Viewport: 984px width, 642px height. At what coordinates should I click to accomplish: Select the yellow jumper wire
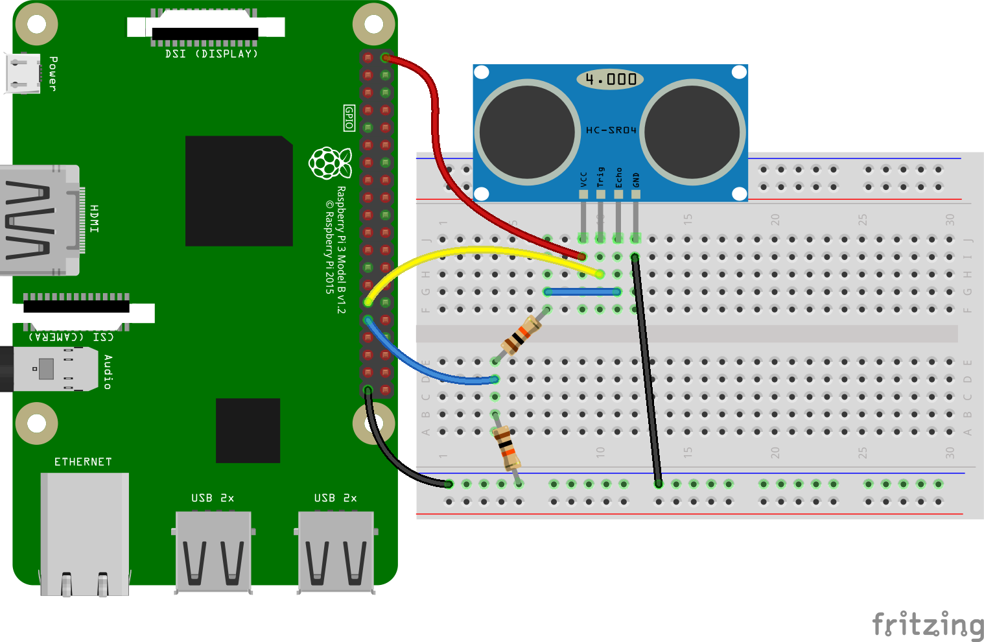[x=480, y=250]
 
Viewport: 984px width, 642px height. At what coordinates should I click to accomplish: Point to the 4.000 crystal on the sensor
[x=610, y=79]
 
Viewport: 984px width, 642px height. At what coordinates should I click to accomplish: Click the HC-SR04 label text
[x=611, y=130]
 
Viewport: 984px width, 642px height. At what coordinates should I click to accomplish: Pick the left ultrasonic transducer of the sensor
[x=527, y=132]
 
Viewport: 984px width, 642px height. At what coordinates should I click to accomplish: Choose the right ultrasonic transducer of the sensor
[x=692, y=132]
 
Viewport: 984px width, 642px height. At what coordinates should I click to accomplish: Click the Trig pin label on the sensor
[x=600, y=177]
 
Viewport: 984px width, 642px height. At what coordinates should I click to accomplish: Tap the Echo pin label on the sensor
[x=618, y=177]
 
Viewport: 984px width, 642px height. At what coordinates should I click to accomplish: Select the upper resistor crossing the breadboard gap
[x=521, y=335]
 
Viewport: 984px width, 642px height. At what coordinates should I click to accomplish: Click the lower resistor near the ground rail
[x=506, y=447]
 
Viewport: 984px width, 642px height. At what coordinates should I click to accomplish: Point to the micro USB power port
[x=23, y=73]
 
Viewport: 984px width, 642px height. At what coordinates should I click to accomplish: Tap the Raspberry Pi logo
[x=330, y=163]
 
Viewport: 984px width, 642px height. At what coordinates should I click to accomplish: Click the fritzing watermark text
[x=928, y=624]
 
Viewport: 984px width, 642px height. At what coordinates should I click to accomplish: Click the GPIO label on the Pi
[x=349, y=118]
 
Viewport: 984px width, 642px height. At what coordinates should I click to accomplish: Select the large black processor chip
[x=239, y=191]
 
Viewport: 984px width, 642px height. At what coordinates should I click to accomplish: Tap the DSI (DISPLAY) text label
[x=211, y=54]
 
